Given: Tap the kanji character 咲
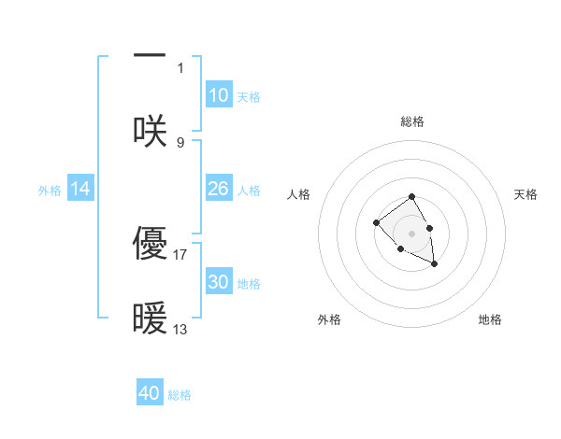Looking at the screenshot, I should pos(150,131).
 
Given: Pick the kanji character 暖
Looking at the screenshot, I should pos(150,318).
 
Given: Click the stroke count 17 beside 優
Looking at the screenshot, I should pos(180,254).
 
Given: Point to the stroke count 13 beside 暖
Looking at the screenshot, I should pos(180,329).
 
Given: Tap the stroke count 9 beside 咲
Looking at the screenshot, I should pos(180,142).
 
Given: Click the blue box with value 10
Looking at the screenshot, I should pos(219,95).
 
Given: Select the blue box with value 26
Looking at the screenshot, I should pos(219,189).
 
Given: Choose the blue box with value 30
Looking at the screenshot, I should pos(219,282).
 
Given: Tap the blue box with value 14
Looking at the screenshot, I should pos(80,189).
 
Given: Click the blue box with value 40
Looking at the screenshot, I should pos(150,393).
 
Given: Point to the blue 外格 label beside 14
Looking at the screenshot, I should pos(50,191).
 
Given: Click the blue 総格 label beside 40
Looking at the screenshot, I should pos(180,395).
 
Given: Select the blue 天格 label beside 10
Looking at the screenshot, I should pos(249,97).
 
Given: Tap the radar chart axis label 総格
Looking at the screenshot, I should pos(412,121).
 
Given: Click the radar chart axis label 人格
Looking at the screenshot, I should pos(299,194).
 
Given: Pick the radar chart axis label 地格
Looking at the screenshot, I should pos(490,320).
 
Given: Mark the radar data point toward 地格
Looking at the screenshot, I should pos(434,264).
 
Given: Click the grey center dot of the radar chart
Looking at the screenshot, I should pos(412,233).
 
